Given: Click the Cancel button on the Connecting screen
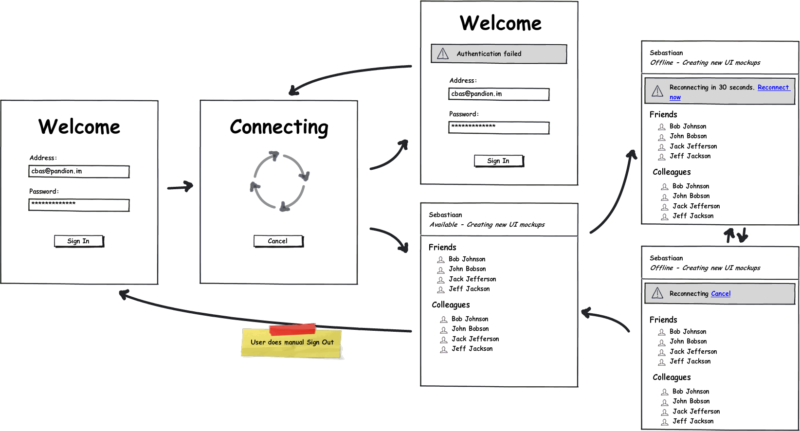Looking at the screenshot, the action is point(278,241).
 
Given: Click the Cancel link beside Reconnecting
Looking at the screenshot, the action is point(721,293).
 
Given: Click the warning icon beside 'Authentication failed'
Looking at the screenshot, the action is point(443,54).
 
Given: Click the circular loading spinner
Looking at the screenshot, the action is point(280,181).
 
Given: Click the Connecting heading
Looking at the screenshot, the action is point(279,127).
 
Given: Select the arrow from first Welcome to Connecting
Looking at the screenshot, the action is point(181,187).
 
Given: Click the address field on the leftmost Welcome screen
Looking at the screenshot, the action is point(79,171).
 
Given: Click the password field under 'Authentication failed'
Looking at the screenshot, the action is point(499,128).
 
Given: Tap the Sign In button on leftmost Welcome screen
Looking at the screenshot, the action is point(79,241).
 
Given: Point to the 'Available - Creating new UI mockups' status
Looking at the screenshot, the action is point(487,225).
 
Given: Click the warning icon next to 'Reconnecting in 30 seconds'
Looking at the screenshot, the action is point(657,91).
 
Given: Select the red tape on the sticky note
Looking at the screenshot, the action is point(292,329).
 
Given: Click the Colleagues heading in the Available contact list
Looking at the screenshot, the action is point(451,305).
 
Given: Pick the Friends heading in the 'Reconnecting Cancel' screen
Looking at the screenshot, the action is point(663,320).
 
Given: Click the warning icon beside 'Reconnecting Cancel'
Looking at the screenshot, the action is point(657,293).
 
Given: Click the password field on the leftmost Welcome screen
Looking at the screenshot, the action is point(79,205).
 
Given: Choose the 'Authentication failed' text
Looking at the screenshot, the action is point(489,54).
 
